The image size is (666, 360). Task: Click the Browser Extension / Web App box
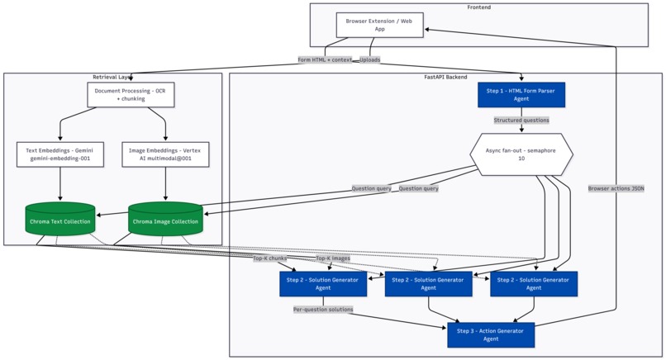378,24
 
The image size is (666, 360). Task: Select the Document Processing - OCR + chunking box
131,93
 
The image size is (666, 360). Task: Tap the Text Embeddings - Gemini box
60,154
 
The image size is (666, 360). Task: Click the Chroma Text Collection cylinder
60,220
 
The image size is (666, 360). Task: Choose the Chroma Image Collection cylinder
165,220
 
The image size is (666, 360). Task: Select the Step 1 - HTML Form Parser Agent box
521,94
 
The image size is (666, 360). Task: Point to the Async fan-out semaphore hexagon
521,154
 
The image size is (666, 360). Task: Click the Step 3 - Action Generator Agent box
491,334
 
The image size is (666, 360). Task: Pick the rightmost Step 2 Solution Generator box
534,284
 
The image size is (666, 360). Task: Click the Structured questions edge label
521,121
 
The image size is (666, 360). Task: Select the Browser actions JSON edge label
616,188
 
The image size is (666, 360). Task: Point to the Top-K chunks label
270,258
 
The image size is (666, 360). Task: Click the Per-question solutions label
323,310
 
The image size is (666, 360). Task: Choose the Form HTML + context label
326,59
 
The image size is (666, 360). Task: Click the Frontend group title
478,7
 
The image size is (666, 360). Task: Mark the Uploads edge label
370,59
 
